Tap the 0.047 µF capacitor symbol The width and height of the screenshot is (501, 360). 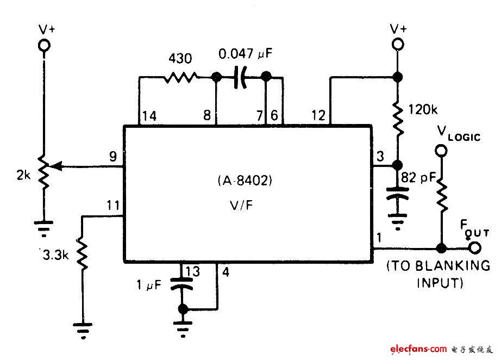(x=240, y=78)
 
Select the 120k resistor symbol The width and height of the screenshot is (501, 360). (x=398, y=120)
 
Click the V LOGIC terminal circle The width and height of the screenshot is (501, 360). (x=442, y=150)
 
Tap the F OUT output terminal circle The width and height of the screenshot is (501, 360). (x=475, y=249)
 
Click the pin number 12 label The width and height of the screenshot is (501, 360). (x=319, y=115)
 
